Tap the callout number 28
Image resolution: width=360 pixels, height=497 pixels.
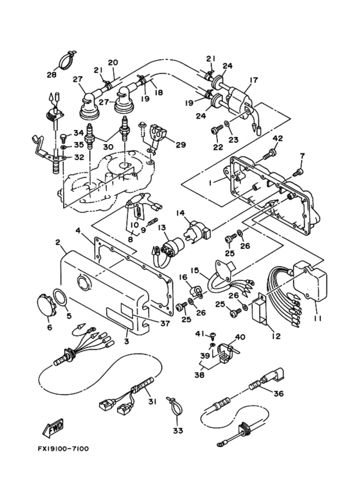pyautogui.click(x=51, y=75)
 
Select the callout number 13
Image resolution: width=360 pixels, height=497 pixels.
pyautogui.click(x=162, y=228)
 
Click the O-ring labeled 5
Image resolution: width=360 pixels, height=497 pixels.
pyautogui.click(x=59, y=297)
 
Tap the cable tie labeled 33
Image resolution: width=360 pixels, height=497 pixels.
pyautogui.click(x=174, y=405)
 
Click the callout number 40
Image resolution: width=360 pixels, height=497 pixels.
pyautogui.click(x=241, y=337)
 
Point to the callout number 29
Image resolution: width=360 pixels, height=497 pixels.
pyautogui.click(x=180, y=145)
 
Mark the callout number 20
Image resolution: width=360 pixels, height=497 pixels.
pyautogui.click(x=113, y=62)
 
